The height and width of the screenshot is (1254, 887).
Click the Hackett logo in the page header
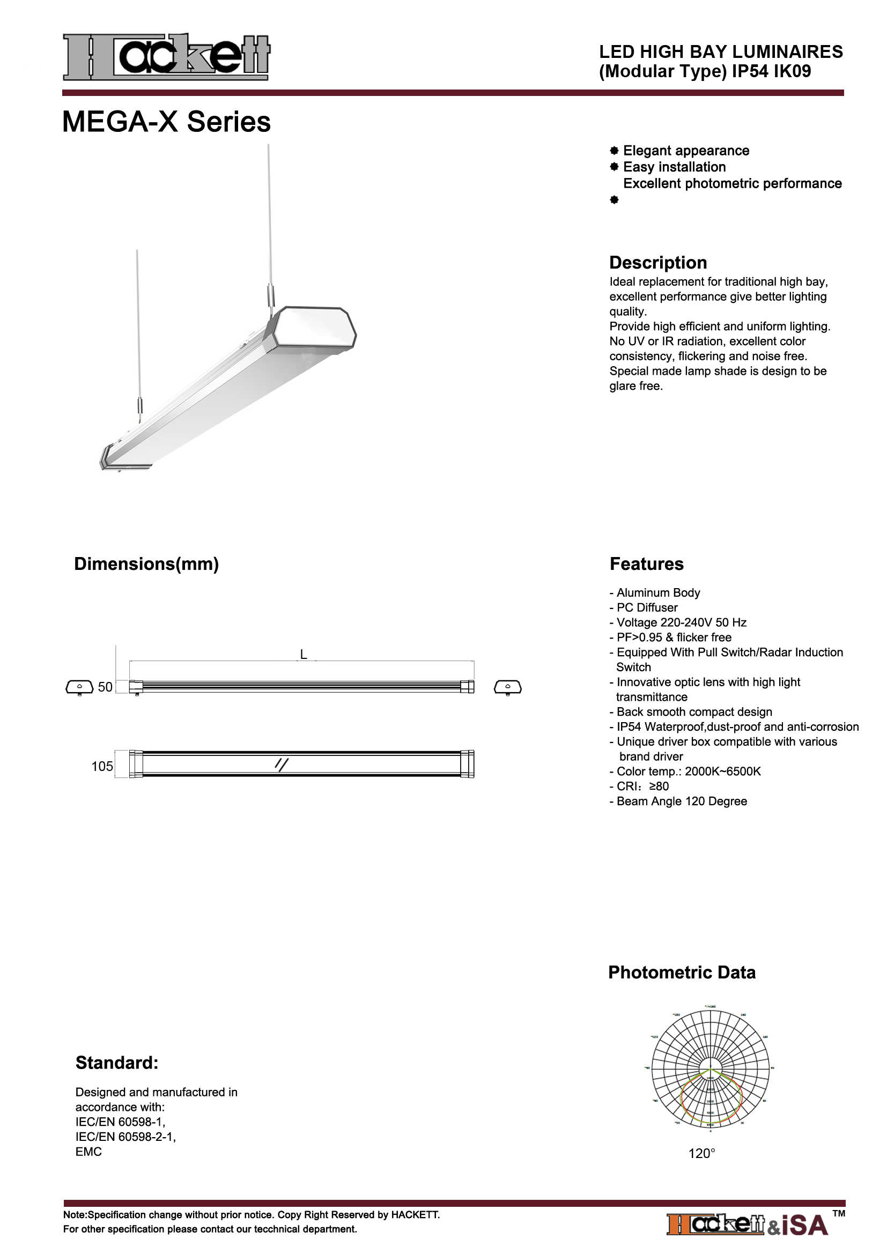click(x=167, y=57)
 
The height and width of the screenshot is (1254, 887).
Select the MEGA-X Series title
click(x=167, y=121)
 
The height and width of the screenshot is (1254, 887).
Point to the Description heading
click(x=657, y=263)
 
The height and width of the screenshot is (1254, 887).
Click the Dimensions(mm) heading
click(x=146, y=563)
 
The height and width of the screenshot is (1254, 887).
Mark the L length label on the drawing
click(x=304, y=654)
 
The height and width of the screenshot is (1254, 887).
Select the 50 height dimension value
click(x=105, y=687)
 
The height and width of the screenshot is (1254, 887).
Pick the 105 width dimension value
click(x=102, y=766)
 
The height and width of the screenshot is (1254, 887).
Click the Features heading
click(x=646, y=563)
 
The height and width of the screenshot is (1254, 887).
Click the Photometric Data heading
click(x=682, y=973)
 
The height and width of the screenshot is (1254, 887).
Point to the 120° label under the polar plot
click(x=701, y=1154)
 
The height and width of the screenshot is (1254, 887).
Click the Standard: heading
click(x=117, y=1063)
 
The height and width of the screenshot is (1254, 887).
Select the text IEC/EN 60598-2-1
click(x=125, y=1137)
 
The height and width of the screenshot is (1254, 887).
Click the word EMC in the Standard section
click(x=88, y=1151)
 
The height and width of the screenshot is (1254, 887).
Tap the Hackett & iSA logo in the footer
click(x=747, y=1225)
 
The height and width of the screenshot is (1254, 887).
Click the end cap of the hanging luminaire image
click(x=314, y=328)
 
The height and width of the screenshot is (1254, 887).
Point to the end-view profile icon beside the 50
click(x=80, y=687)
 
